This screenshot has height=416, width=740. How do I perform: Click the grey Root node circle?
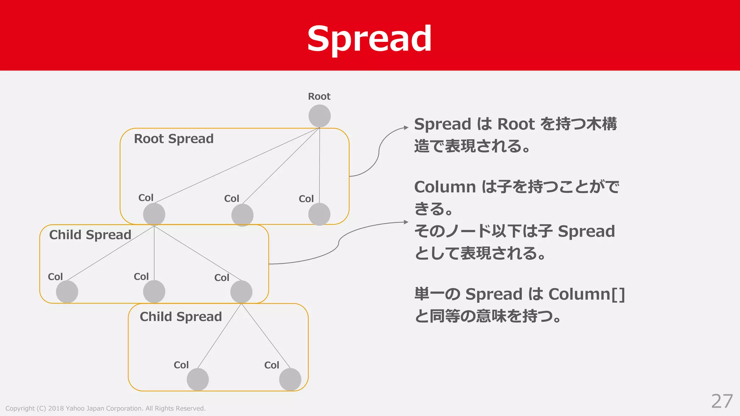click(319, 116)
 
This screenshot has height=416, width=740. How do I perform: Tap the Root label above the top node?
click(319, 96)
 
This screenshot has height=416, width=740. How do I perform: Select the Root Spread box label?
click(173, 139)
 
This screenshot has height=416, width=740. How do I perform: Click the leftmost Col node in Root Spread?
click(154, 214)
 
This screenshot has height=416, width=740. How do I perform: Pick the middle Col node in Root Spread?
click(242, 215)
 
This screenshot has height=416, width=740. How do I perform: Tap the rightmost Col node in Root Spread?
click(319, 214)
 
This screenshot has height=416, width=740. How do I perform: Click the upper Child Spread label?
click(90, 235)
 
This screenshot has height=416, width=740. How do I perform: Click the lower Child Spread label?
click(181, 317)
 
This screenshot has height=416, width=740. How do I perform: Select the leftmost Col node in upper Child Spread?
click(67, 292)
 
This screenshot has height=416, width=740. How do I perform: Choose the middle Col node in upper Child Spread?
click(154, 292)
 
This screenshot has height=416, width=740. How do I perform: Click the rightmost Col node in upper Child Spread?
click(241, 292)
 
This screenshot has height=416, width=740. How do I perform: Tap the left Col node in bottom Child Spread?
click(198, 379)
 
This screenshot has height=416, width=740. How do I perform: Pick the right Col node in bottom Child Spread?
click(290, 379)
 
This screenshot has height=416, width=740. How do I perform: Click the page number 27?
click(722, 401)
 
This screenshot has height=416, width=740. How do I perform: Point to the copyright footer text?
click(105, 408)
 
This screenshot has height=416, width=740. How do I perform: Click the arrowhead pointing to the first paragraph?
click(406, 128)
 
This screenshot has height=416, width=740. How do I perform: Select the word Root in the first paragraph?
click(516, 124)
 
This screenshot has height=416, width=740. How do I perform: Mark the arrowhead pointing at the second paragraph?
click(406, 222)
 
